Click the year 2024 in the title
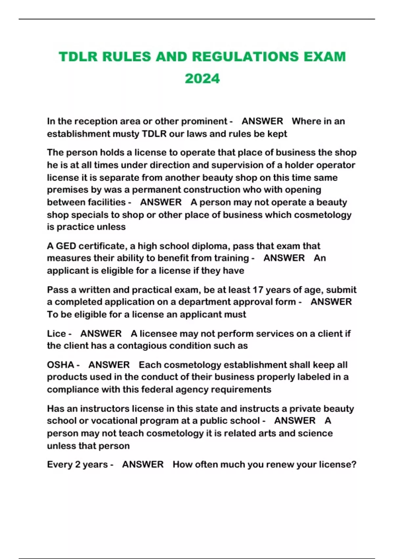click(x=202, y=79)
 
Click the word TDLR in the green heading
click(x=78, y=57)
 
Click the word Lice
click(x=56, y=333)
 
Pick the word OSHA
click(x=60, y=365)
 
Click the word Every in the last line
click(x=60, y=464)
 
